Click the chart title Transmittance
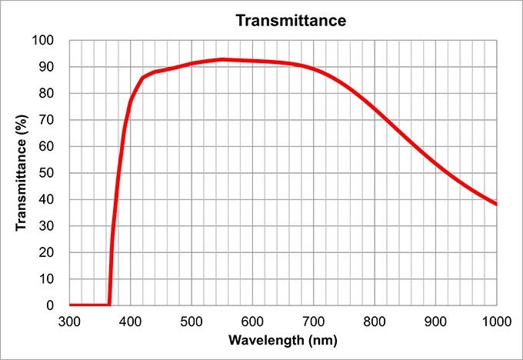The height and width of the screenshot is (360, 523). coord(291,20)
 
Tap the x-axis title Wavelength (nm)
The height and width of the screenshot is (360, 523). coord(282,339)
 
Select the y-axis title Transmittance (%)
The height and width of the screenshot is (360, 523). coord(22,172)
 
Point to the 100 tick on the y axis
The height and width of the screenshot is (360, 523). coord(44,41)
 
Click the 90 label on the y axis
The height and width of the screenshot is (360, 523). coord(47,67)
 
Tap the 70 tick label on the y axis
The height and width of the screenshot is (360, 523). coord(47,120)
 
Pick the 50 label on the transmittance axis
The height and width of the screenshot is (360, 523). coord(47,173)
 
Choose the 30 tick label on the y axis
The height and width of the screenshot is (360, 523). coord(47,226)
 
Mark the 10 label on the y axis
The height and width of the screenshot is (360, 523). coord(47,279)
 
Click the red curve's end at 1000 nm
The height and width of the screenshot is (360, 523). coord(496,204)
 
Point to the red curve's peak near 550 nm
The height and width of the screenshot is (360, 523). coord(222,59)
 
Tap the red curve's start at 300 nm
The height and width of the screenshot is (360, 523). coord(70,305)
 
